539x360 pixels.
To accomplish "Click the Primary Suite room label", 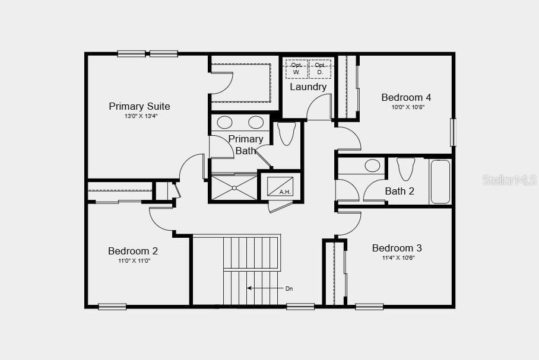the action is pyautogui.click(x=139, y=106).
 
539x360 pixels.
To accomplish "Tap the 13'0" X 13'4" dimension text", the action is pyautogui.click(x=141, y=116).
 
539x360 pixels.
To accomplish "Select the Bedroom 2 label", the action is pyautogui.click(x=133, y=251).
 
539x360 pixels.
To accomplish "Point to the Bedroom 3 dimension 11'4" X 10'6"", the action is pyautogui.click(x=398, y=257).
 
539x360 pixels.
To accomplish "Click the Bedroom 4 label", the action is pyautogui.click(x=406, y=97).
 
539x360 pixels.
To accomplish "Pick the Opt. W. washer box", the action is pyautogui.click(x=296, y=69).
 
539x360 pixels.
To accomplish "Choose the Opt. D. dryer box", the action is pyautogui.click(x=320, y=69).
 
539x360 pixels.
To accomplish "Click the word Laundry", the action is pyautogui.click(x=308, y=87).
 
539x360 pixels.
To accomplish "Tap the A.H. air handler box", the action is pyautogui.click(x=280, y=187).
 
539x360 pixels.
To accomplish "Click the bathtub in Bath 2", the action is pyautogui.click(x=440, y=181).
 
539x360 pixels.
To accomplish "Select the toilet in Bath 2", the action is pyautogui.click(x=405, y=168).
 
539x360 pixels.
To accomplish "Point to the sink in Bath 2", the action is pyautogui.click(x=372, y=165).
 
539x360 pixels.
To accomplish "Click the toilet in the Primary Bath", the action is pyautogui.click(x=286, y=133).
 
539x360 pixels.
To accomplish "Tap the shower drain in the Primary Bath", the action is pyautogui.click(x=234, y=188).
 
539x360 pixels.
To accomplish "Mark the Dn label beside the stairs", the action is pyautogui.click(x=289, y=289).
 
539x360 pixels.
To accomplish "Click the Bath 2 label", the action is pyautogui.click(x=400, y=191).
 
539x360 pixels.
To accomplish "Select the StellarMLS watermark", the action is pyautogui.click(x=509, y=180).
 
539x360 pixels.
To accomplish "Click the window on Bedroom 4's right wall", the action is pyautogui.click(x=454, y=132).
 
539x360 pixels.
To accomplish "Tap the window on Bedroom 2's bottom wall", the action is pyautogui.click(x=112, y=307).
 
